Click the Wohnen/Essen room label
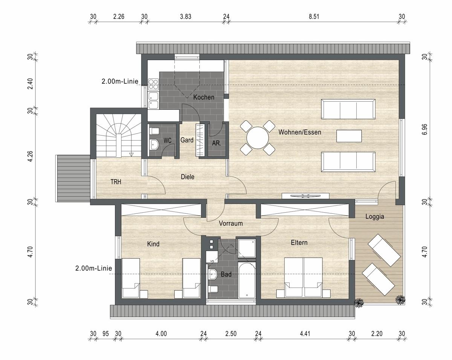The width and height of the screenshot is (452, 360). (x=300, y=132)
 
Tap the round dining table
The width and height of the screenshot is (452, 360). (x=258, y=138)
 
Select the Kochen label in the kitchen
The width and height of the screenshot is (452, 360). (x=204, y=97)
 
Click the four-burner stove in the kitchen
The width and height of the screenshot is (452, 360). (x=153, y=84)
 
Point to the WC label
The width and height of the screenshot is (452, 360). (x=167, y=141)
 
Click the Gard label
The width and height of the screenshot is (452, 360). (x=187, y=140)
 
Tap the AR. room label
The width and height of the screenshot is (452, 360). (x=216, y=143)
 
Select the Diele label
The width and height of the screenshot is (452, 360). (x=188, y=177)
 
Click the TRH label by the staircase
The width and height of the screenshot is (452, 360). (x=116, y=182)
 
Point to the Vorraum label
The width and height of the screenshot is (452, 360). (x=231, y=223)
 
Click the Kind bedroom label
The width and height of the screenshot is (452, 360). (x=153, y=244)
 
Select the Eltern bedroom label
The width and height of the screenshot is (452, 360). (x=299, y=243)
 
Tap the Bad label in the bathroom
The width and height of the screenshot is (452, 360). (x=226, y=274)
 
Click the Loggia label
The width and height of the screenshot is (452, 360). (x=375, y=217)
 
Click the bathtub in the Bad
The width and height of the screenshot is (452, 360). (x=247, y=280)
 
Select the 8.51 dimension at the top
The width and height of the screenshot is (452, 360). (x=314, y=17)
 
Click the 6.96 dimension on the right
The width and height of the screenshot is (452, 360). (x=425, y=129)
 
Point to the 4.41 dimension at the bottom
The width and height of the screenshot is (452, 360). (x=305, y=334)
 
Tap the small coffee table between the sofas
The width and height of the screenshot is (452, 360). (x=349, y=136)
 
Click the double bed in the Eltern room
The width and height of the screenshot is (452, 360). (x=303, y=277)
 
